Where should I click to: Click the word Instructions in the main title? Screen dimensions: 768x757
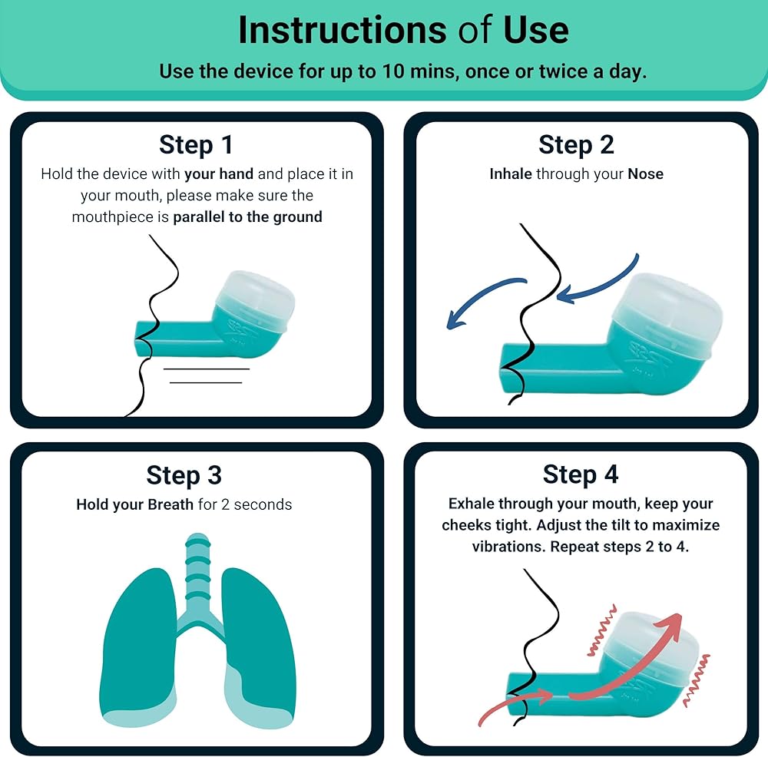(342, 31)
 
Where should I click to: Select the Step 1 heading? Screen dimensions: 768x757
(196, 144)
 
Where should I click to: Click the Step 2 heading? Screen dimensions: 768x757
(577, 144)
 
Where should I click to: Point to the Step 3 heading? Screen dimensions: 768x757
(184, 475)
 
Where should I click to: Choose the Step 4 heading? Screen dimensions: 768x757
(581, 474)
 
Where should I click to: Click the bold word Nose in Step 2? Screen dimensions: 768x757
(646, 174)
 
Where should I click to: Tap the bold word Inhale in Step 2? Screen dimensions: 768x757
(511, 174)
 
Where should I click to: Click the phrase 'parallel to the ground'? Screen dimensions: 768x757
(248, 217)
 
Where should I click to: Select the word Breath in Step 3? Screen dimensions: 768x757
(170, 504)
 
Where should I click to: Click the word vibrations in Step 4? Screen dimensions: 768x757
(509, 547)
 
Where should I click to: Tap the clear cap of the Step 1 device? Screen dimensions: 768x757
(256, 295)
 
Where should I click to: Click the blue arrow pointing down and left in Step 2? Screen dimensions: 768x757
(482, 299)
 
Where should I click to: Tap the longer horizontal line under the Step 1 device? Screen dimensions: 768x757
(207, 369)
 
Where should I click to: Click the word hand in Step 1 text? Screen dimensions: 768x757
(236, 174)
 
